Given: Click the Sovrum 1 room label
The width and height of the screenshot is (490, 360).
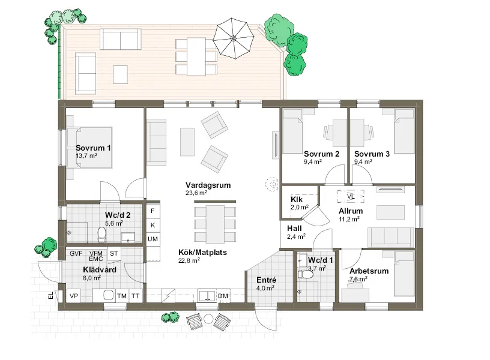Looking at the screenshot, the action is (x=93, y=148).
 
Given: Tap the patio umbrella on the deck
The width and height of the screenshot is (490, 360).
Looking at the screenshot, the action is (x=233, y=38).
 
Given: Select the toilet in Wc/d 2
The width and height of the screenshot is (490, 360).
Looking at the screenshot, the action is (x=101, y=235).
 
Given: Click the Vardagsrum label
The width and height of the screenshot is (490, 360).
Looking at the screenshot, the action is (x=208, y=185).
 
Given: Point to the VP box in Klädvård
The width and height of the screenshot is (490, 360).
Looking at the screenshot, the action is (x=74, y=296).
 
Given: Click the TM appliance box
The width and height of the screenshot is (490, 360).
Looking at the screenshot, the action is (x=122, y=296).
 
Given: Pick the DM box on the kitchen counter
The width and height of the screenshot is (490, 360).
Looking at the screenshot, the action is (x=223, y=296).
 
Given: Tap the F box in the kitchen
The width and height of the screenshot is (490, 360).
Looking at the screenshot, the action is (x=153, y=211).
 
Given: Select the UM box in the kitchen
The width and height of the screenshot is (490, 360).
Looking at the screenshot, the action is (x=153, y=239).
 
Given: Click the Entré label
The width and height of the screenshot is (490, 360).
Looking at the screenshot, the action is (x=266, y=280).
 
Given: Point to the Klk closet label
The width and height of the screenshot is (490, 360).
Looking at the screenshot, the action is (x=297, y=200).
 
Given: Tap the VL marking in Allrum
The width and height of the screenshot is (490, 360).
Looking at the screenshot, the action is (x=351, y=196).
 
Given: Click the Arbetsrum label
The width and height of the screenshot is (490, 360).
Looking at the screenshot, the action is (x=369, y=271).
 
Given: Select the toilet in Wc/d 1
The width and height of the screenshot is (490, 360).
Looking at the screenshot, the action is (x=305, y=274).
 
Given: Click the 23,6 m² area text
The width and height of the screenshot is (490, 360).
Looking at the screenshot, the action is (x=196, y=193).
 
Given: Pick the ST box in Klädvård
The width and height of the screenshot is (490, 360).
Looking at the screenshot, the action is (x=113, y=253).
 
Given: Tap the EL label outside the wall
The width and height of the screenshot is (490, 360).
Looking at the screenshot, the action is (x=50, y=295).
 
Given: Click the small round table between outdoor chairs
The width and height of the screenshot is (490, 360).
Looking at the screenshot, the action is (x=208, y=319).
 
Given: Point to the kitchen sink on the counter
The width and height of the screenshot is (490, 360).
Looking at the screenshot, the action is (x=207, y=296).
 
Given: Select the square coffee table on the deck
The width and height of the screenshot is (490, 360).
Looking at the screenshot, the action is (x=120, y=74).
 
